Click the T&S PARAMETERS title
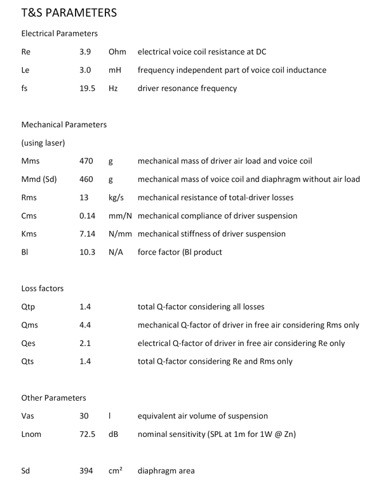pos(69,12)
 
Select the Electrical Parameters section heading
pos(59,32)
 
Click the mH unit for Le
pos(115,70)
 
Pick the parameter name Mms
pos(30,161)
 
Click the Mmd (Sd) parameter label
pos(39,179)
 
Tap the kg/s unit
pos(116,198)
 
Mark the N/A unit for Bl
pos(116,252)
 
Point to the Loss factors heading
pos(43,288)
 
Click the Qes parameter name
pos(29,343)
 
